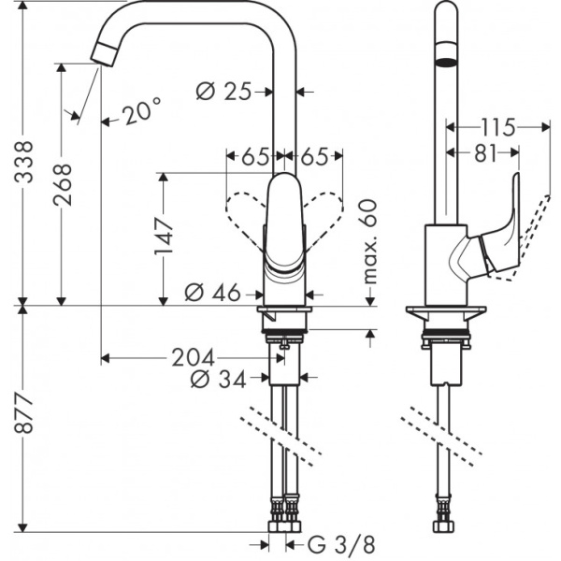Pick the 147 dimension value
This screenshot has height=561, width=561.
point(164,237)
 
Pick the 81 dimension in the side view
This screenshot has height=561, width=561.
point(484,154)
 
